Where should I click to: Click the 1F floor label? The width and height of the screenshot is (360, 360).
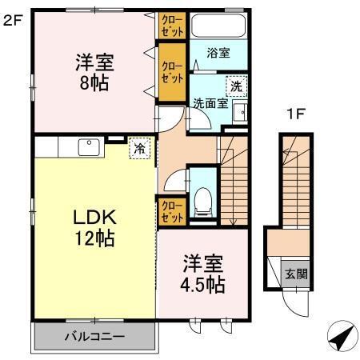(296, 114)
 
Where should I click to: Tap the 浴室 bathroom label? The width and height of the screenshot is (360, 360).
(219, 54)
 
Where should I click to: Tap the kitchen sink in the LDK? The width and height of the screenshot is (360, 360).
(86, 147)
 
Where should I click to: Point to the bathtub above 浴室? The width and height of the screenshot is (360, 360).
(219, 24)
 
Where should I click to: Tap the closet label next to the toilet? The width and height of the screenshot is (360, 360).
(170, 211)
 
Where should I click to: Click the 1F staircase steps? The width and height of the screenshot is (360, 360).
(295, 180)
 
